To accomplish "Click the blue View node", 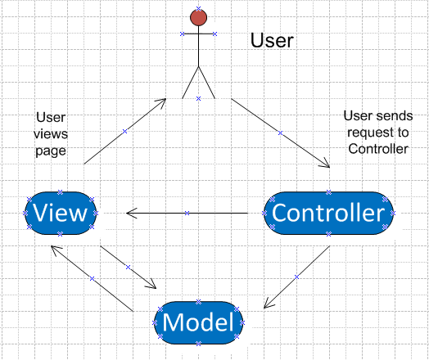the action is pos(61,213).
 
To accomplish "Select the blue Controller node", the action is pos(328,213).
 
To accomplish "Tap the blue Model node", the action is pos(198,323).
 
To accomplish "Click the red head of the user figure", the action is pos(198,17).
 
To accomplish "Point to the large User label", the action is pos(272,40).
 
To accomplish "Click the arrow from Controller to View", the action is pos(187,213).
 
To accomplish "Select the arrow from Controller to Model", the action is pos(296,277).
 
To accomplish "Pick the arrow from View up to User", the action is pos(124,132).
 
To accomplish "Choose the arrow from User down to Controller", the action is pos(280,133).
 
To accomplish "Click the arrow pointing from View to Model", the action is pos(128,267).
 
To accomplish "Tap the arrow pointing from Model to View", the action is pos(92,278).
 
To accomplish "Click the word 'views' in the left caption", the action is pos(51,134).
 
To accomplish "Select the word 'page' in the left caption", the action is pos(51,151).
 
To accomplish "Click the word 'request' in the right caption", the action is pos(370,133).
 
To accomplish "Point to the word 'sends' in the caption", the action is pos(396,115).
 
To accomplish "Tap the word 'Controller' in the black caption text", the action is pos(378,149).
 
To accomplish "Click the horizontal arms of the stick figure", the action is pos(198,34).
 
